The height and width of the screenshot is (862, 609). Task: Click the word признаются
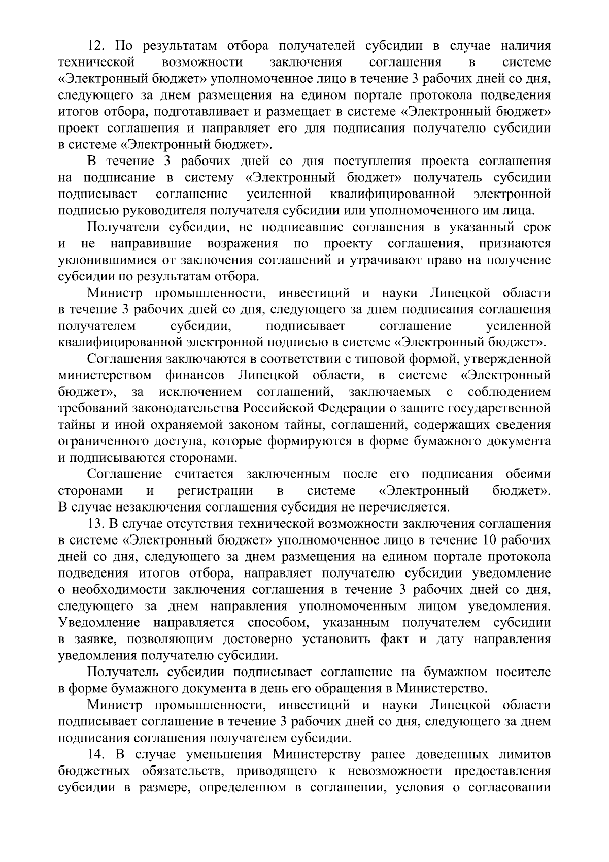pos(515,244)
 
